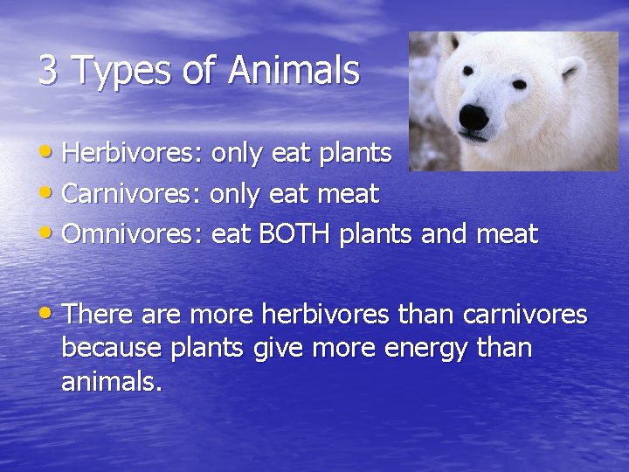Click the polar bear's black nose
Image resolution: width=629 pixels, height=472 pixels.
point(474,116)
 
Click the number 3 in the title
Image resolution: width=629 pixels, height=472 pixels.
point(47,71)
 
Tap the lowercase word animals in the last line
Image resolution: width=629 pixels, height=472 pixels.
point(111,382)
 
